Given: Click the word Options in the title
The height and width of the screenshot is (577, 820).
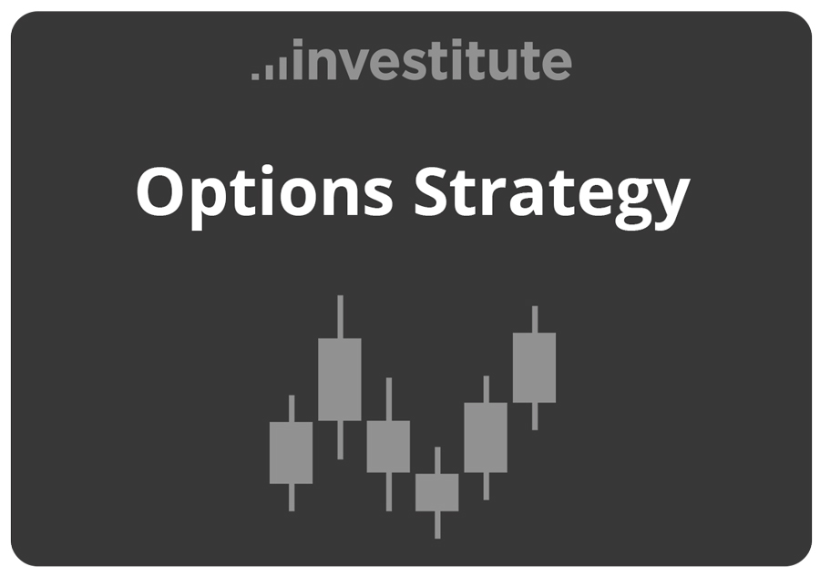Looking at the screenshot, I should tap(264, 192).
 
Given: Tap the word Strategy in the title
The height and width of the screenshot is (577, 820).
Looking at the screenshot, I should tap(550, 192).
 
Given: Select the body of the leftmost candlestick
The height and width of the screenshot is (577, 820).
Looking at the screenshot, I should tap(291, 452).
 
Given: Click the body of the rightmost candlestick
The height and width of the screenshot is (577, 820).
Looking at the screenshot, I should tap(534, 367).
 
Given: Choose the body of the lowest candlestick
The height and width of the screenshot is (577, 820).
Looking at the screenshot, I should tap(437, 492).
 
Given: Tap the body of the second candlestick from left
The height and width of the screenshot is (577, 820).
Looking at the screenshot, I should tap(340, 379).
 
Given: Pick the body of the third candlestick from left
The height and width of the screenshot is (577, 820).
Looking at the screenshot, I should tap(388, 447).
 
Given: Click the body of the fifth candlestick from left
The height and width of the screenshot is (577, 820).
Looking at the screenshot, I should tap(486, 438).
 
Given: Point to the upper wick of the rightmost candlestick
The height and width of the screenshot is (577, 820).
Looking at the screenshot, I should tap(535, 319).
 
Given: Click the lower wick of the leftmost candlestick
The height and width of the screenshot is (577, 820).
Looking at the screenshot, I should tap(292, 497).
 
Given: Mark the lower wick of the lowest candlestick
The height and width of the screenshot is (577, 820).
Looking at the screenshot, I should tap(437, 524).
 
